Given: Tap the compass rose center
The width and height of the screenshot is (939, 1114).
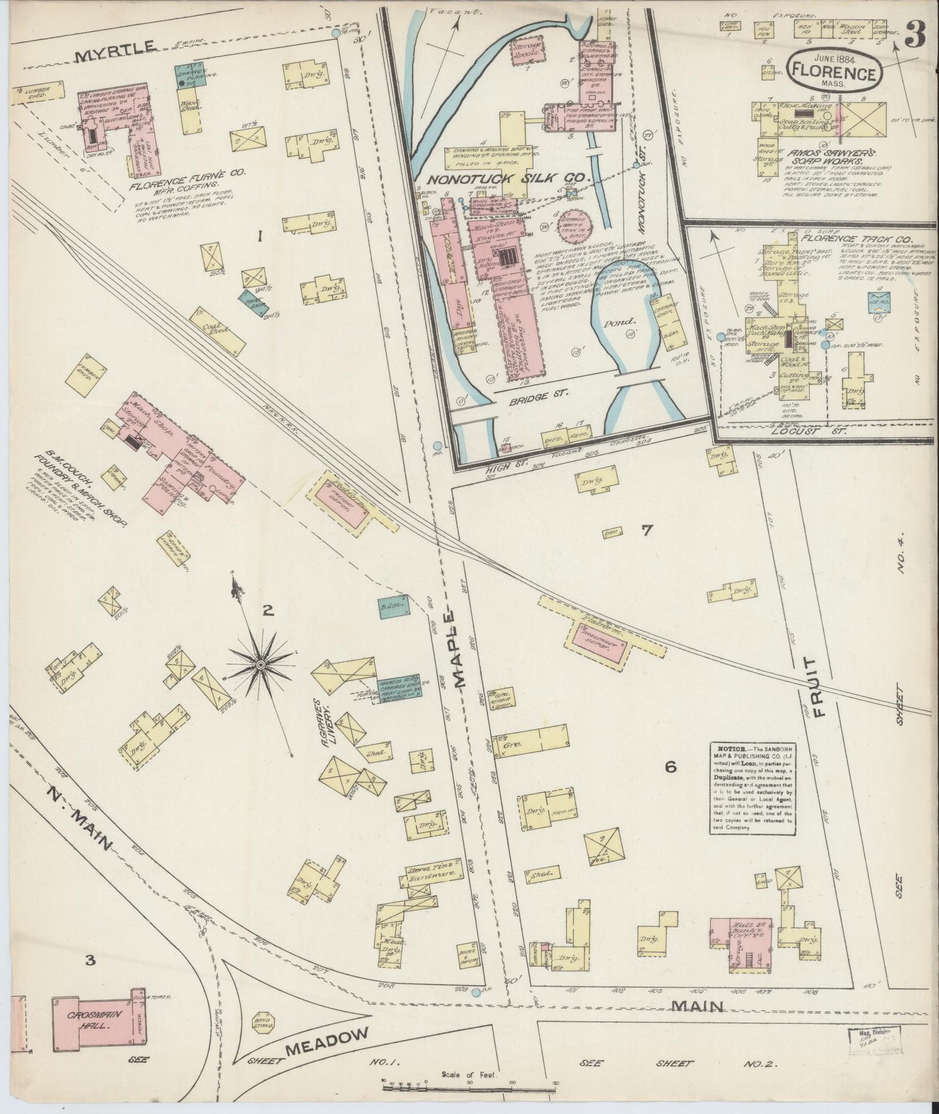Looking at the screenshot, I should point(260,664).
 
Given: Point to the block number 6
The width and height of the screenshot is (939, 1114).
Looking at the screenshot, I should point(671,768).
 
